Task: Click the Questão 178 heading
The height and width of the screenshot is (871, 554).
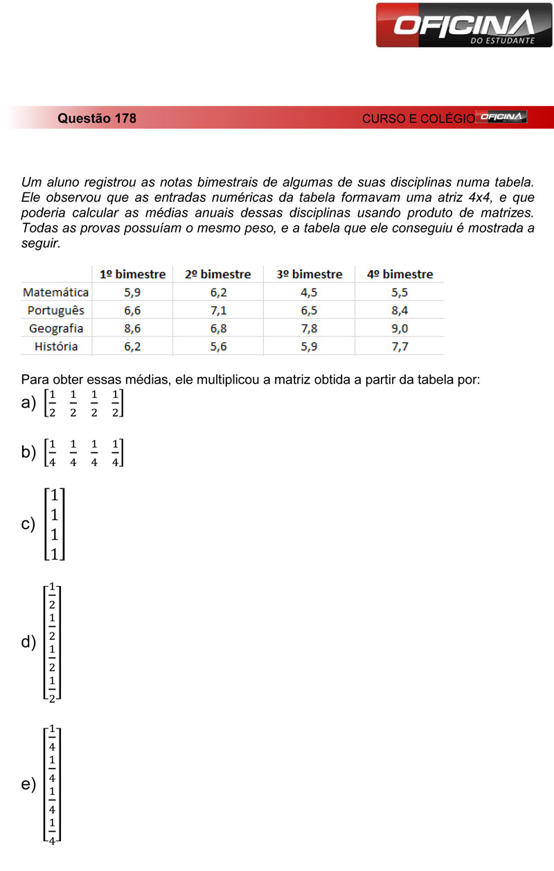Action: coord(97,118)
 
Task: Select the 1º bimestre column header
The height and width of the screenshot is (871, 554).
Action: coord(132,275)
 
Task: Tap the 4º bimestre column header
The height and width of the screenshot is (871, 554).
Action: coord(400,275)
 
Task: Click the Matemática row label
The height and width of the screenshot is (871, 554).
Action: coord(56,293)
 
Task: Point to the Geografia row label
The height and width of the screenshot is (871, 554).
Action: coord(56,329)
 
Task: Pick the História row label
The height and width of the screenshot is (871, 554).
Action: coord(56,347)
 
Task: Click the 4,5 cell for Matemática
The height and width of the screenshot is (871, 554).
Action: coord(309,293)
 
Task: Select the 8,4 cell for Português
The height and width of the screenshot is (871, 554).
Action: coord(400,311)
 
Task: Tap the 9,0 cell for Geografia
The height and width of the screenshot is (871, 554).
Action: coord(400,329)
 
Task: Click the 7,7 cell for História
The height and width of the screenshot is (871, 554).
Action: coord(400,347)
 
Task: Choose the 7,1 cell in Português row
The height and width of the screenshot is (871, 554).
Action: coord(218,311)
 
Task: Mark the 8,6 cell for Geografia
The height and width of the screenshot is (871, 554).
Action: coord(132,329)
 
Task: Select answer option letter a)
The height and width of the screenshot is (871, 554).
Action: coord(28,403)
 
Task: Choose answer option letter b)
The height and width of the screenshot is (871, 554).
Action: coord(28,452)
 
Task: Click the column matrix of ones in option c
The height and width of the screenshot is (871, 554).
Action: coord(54,524)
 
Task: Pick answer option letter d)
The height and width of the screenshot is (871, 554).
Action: coord(28,643)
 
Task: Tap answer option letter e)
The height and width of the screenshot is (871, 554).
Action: coord(28,785)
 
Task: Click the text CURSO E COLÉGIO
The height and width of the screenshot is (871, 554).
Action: coord(418,119)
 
